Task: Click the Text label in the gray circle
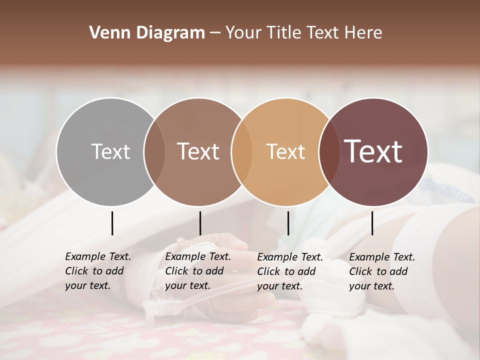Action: point(110,151)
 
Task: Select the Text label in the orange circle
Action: point(285,151)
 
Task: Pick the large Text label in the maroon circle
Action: point(373,151)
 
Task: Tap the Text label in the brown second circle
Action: point(198,151)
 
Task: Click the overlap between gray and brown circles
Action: point(154,151)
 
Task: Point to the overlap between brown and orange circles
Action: point(241,151)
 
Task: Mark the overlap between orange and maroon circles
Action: point(328,151)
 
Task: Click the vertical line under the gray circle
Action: point(112,223)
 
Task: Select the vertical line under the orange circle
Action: point(288,223)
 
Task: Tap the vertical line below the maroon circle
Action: point(372,223)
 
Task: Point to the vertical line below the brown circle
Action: point(200,223)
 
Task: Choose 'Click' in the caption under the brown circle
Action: point(176,271)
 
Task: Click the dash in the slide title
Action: point(215,33)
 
